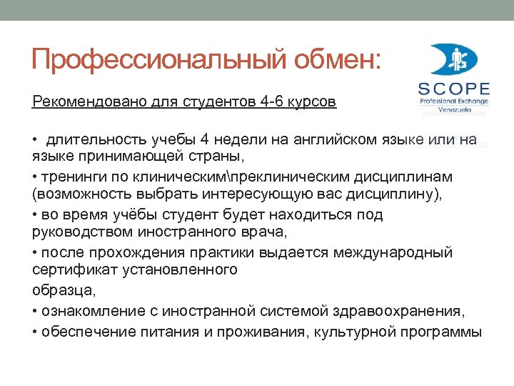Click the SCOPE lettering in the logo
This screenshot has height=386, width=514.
[454, 90]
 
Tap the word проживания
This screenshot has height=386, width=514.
[283, 332]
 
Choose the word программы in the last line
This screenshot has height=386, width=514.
[443, 332]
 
